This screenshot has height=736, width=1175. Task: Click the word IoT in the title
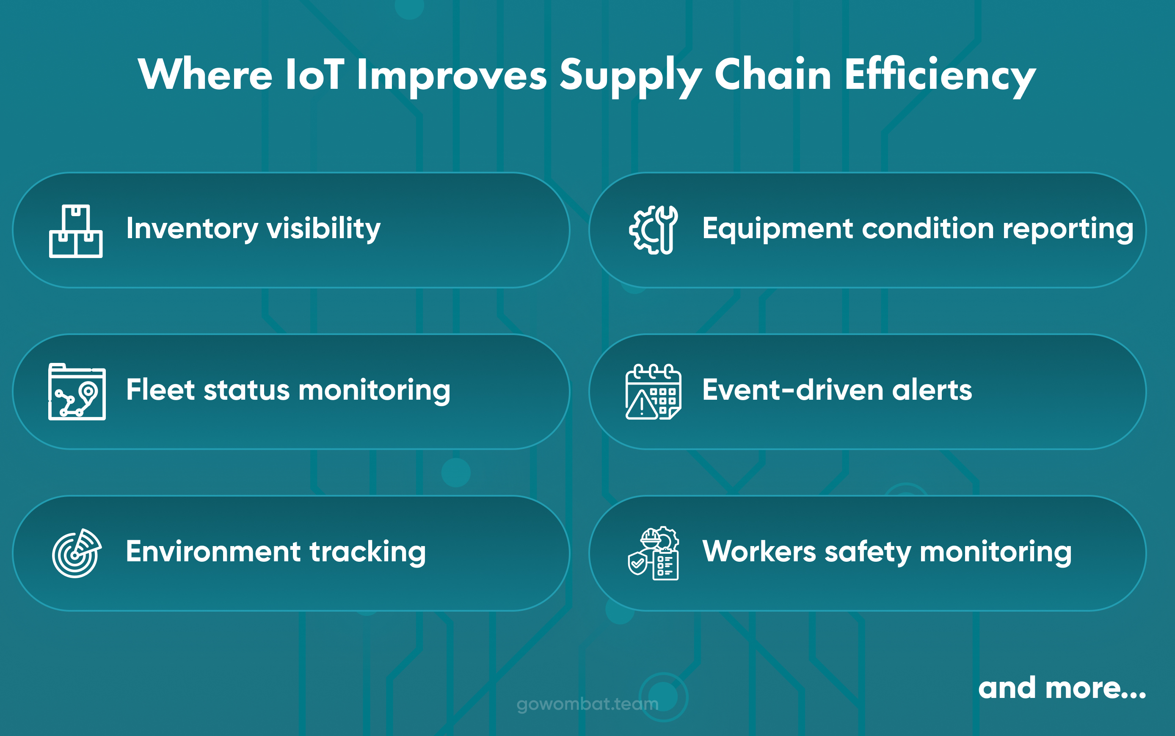pos(314,75)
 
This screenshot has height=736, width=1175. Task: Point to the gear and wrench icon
pos(653,230)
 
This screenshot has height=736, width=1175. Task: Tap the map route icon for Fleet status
pos(77,392)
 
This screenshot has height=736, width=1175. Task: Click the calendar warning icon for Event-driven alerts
pos(653,392)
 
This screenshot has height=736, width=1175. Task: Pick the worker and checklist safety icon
pos(653,553)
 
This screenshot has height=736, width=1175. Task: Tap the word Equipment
pos(777,229)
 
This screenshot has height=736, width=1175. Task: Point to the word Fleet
pos(161,390)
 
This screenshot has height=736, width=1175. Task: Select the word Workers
pos(759,552)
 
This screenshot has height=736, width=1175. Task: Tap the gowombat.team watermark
pos(587,704)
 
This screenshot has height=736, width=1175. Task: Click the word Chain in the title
pos(773,75)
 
